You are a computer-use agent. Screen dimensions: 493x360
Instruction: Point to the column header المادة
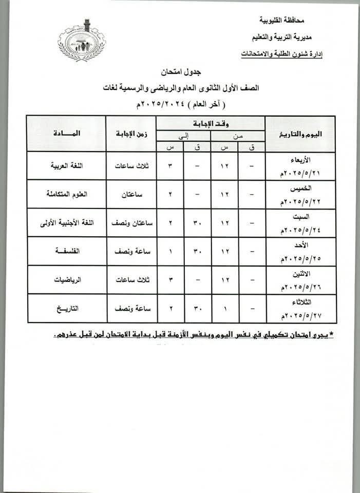pyautogui.click(x=66, y=134)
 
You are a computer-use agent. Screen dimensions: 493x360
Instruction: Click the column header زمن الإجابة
pyautogui.click(x=131, y=134)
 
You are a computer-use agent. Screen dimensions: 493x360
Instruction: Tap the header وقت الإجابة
pyautogui.click(x=211, y=123)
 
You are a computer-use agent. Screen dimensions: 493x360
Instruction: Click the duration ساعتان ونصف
pyautogui.click(x=131, y=223)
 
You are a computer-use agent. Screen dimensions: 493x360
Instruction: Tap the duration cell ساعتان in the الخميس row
pyautogui.click(x=131, y=194)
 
